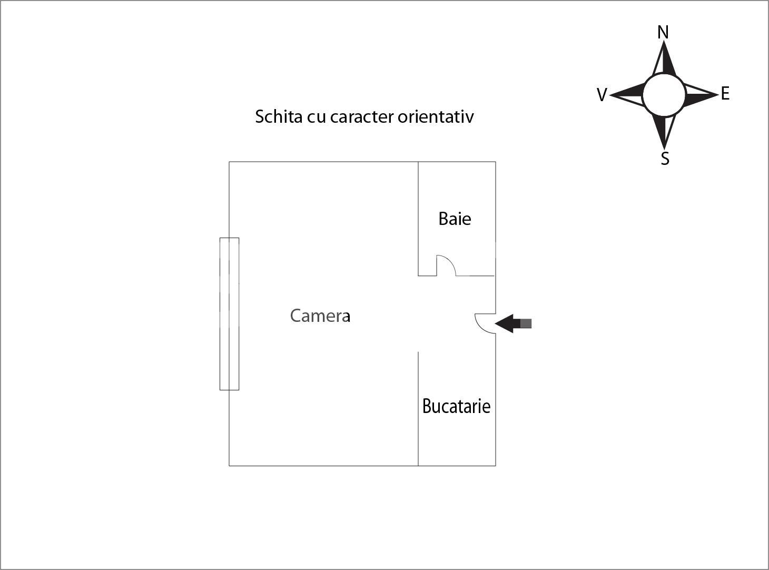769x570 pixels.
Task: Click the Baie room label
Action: pyautogui.click(x=455, y=219)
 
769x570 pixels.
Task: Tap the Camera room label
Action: pyautogui.click(x=320, y=316)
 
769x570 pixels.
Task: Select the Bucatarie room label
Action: pyautogui.click(x=456, y=406)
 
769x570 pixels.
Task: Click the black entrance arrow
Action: pyautogui.click(x=513, y=323)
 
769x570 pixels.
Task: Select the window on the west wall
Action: pyautogui.click(x=229, y=314)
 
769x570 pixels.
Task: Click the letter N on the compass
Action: pyautogui.click(x=663, y=32)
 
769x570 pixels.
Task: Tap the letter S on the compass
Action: pyautogui.click(x=665, y=159)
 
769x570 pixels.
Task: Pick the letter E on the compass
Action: pyautogui.click(x=725, y=94)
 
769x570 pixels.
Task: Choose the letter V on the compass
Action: pyautogui.click(x=602, y=95)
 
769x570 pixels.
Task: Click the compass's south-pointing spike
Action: pyautogui.click(x=664, y=132)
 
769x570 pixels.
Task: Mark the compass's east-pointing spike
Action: pyautogui.click(x=701, y=94)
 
